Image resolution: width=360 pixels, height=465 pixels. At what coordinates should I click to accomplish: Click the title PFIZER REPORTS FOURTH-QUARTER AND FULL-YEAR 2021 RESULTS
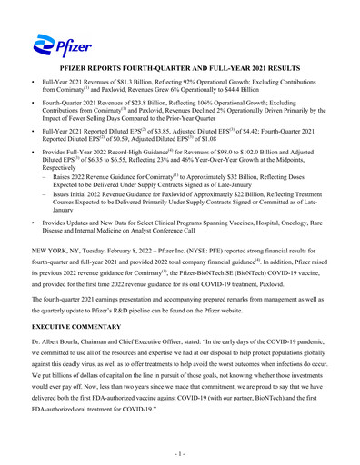(x=180, y=69)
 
